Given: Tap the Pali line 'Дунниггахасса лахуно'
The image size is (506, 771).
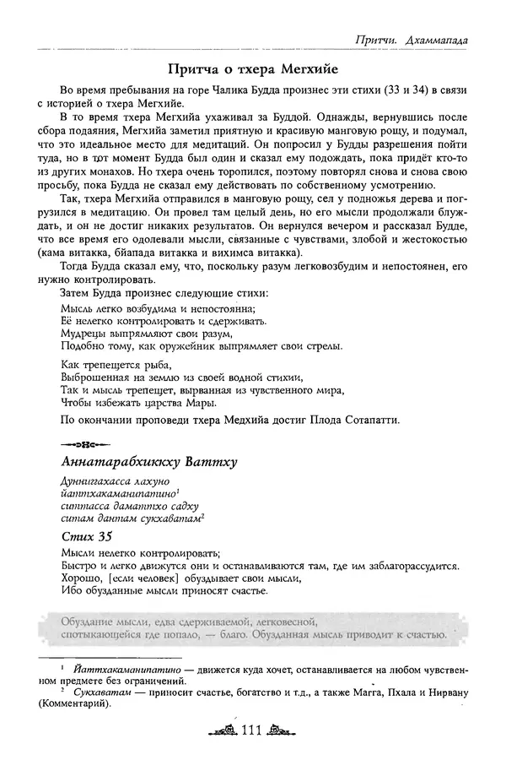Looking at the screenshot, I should coord(115,481).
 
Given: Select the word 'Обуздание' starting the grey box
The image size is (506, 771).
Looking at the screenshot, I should coord(89,622).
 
